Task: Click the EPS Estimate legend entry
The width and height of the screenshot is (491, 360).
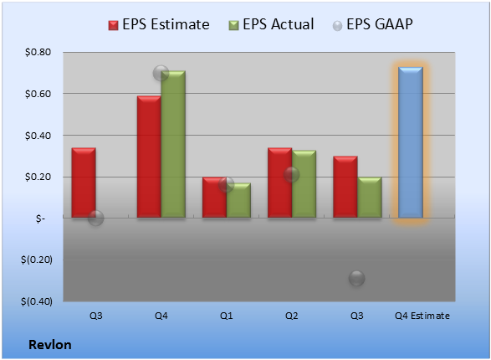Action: pos(159,24)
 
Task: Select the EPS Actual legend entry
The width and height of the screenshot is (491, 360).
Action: pos(271,24)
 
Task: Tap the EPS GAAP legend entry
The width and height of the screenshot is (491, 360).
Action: pos(372,24)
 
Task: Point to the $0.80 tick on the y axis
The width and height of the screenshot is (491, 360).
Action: pos(38,52)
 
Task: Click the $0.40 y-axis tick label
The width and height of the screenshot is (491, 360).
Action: pos(38,136)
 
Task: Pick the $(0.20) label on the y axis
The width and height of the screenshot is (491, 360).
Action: pos(37,260)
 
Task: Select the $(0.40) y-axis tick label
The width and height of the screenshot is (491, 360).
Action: pos(37,301)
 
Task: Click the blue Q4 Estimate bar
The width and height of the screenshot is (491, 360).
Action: pos(411,142)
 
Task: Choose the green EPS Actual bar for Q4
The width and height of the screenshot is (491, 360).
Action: pos(173,144)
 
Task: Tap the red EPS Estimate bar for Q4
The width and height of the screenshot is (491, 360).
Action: pos(149,157)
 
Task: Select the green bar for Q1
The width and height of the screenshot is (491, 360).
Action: pos(238,200)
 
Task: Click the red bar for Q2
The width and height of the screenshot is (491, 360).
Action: pos(280,183)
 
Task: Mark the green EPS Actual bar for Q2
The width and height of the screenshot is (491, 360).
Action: pos(304,184)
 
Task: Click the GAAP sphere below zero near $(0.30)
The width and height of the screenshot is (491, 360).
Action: pos(356,278)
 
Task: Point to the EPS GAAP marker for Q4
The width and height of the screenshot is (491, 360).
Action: pos(161,74)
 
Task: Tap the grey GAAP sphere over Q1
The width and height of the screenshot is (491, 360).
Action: pos(227,184)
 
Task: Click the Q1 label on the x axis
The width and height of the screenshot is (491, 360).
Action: pos(227,316)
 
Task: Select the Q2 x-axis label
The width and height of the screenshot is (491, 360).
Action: pos(292,316)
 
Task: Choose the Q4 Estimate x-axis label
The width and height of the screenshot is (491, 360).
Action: pos(422,316)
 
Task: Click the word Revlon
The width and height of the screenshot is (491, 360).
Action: pos(50,345)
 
